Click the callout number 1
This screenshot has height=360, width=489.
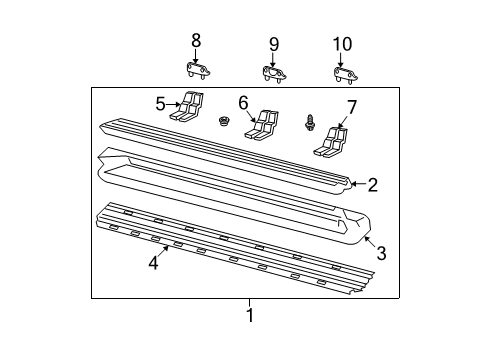coord(250,316)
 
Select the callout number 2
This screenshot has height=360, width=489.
coord(372,184)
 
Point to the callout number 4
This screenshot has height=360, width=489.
coord(153,263)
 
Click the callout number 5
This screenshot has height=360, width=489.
coord(160,102)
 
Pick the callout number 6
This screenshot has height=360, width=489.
coord(242,103)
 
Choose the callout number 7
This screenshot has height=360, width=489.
coord(351,107)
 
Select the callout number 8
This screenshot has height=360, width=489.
coord(196,40)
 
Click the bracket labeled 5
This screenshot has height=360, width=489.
coord(189,107)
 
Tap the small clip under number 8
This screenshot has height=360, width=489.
coord(196,70)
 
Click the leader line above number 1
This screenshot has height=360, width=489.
coord(250,303)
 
